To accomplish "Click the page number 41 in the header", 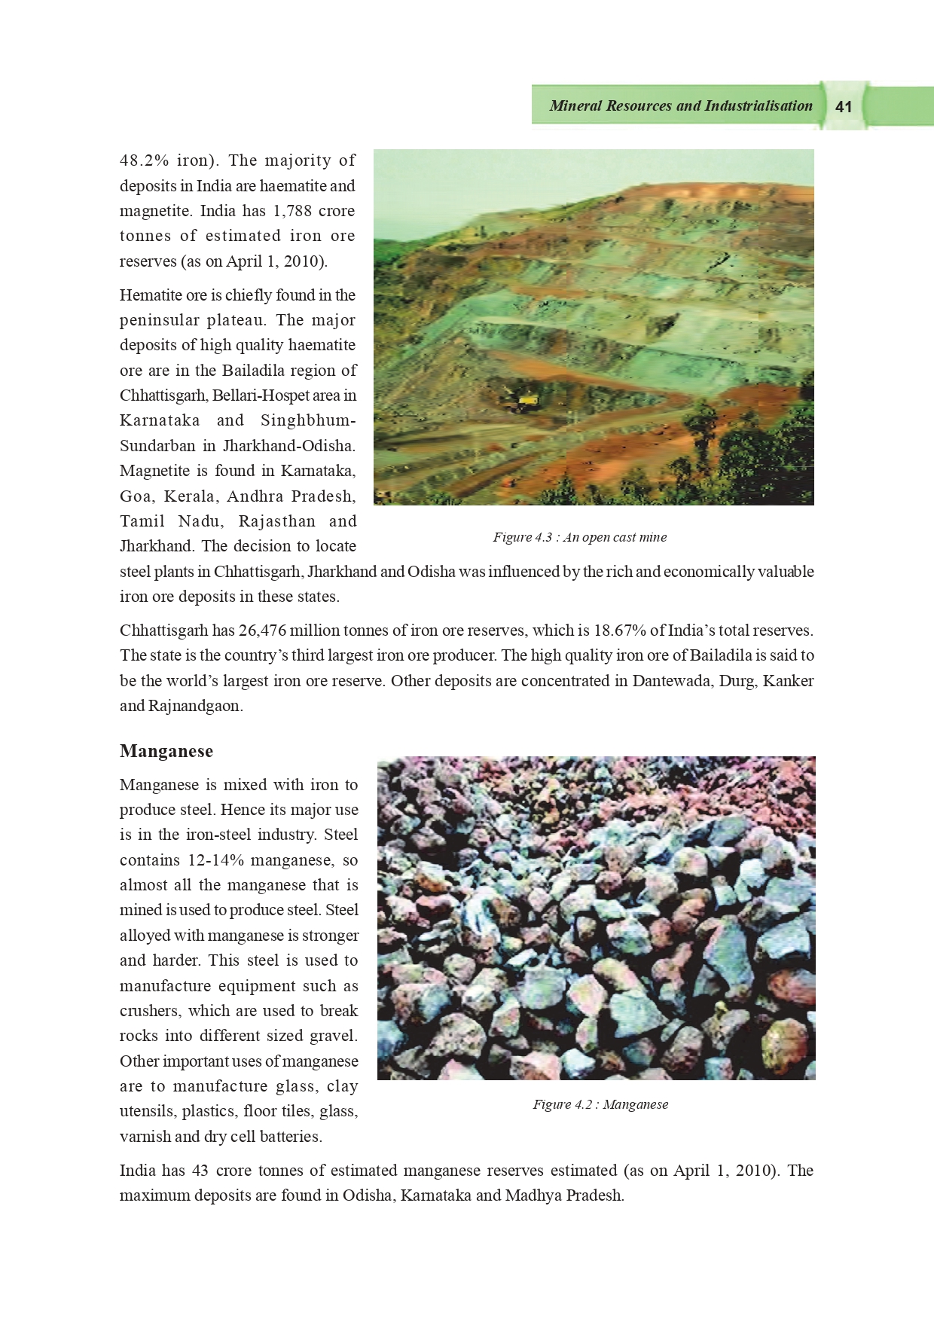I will pyautogui.click(x=844, y=107).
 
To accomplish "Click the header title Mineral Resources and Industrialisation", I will pyautogui.click(x=680, y=106).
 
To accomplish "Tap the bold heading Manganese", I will pyautogui.click(x=166, y=751).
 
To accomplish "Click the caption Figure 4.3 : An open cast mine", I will pyautogui.click(x=579, y=537).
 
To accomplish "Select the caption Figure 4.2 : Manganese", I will pyautogui.click(x=600, y=1104).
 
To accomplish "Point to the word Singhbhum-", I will pyautogui.click(x=308, y=420).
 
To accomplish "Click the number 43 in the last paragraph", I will pyautogui.click(x=200, y=1171).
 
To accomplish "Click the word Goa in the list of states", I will pyautogui.click(x=136, y=496).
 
